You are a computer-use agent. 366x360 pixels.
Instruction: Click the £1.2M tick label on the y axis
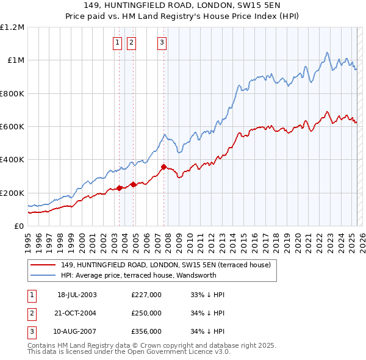point(12,27)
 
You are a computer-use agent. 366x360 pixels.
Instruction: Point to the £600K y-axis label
point(12,126)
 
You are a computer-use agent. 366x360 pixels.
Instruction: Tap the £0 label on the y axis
point(19,226)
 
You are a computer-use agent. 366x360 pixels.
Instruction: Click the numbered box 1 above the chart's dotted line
point(117,42)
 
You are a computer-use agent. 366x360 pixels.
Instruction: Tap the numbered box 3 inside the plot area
point(162,42)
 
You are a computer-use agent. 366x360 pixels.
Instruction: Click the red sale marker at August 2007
point(163,167)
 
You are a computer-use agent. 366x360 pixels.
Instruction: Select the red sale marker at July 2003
point(120,189)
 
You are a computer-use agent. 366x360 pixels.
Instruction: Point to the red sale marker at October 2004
point(133,184)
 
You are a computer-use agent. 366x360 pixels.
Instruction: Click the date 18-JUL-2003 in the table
point(77,295)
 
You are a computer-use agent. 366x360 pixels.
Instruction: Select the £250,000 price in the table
point(146,313)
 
